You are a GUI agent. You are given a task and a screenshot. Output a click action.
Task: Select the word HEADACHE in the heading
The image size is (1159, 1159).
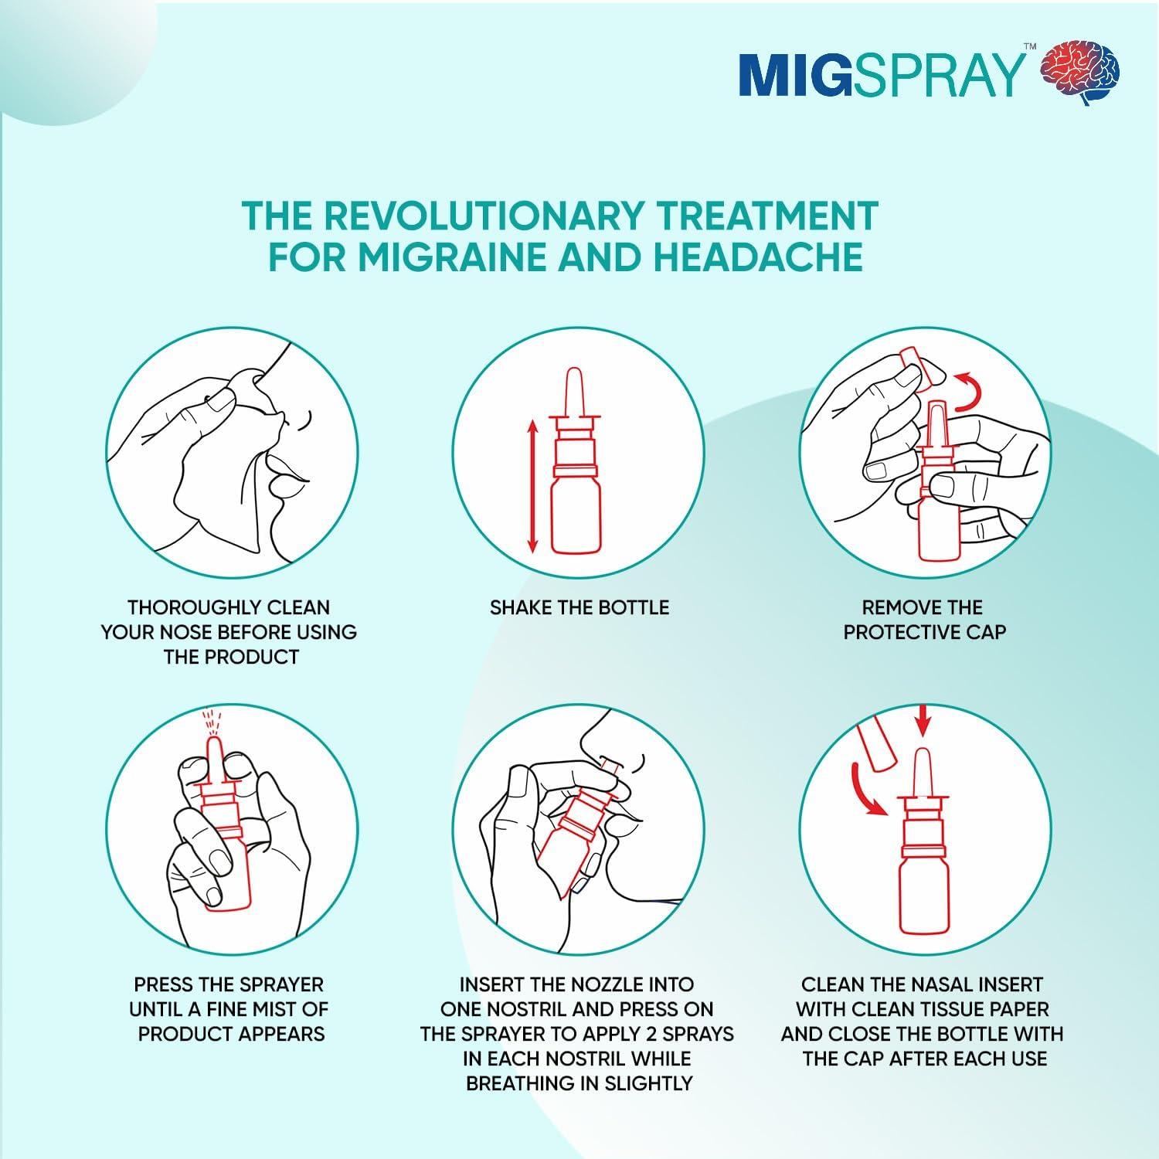tap(757, 257)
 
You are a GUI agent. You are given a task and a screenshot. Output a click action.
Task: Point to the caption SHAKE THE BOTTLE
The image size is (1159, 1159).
tap(579, 607)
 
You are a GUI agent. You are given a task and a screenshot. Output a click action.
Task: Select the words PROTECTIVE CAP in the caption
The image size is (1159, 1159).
tap(924, 632)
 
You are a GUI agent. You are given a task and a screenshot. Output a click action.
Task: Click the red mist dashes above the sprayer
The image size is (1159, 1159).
tap(211, 722)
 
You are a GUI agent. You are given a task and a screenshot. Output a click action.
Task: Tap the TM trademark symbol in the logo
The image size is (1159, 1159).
tap(1029, 47)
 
